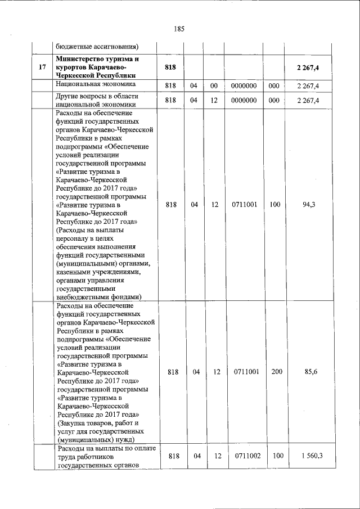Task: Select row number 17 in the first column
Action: coord(42,67)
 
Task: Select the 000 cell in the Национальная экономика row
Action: coord(274,85)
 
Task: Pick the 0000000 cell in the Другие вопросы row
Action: coord(244,100)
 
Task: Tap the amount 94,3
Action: coord(308,205)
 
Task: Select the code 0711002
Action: coord(244,456)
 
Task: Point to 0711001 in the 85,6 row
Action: coord(244,372)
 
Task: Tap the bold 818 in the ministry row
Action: coord(170,67)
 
